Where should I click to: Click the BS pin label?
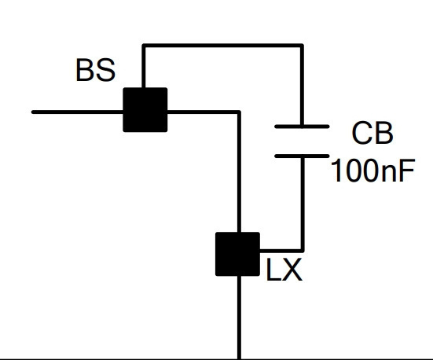96,70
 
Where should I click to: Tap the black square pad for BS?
145,110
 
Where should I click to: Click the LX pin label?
284,270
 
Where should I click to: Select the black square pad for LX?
237,254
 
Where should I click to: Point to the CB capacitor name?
372,133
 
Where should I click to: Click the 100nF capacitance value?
372,171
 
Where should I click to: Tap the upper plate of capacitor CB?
302,127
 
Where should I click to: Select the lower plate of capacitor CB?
302,156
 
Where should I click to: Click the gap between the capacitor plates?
302,141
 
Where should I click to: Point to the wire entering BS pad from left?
77,112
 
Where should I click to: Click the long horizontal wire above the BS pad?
223,46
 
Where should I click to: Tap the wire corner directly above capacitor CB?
302,46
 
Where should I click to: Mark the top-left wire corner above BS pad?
144,46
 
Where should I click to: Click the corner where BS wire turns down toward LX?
239,112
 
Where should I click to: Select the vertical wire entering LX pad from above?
239,172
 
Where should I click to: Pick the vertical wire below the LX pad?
239,318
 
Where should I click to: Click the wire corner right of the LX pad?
303,251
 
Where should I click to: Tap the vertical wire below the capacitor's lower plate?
303,203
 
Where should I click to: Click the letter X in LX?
292,270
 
